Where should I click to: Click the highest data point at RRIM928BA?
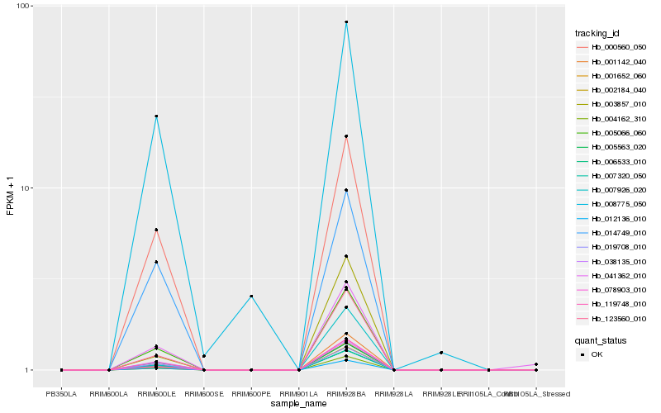346,22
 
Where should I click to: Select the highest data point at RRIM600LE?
156,116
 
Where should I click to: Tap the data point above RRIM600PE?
251,296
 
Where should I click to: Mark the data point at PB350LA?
61,370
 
